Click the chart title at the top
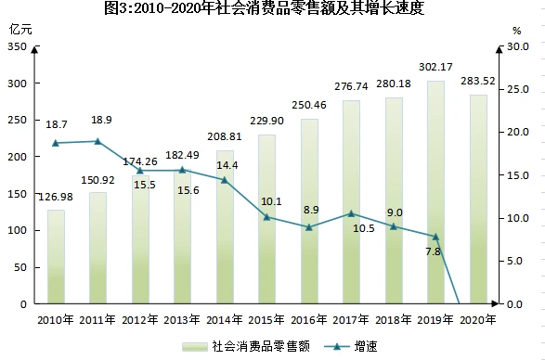click(x=265, y=7)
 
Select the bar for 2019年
click(x=435, y=192)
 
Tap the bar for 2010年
click(x=56, y=257)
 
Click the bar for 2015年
click(x=267, y=219)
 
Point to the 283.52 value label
click(x=478, y=81)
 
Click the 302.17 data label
click(x=435, y=67)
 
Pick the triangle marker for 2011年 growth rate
click(x=97, y=141)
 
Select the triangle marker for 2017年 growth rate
click(x=351, y=213)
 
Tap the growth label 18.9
click(x=101, y=120)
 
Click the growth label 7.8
click(x=433, y=251)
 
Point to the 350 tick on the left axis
click(x=17, y=46)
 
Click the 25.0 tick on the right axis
click(x=518, y=89)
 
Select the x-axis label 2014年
click(x=224, y=320)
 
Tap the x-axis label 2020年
click(x=478, y=320)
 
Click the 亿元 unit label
click(x=20, y=30)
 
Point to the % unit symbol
click(x=517, y=31)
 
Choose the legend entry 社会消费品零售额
click(x=246, y=346)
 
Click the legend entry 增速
click(x=350, y=346)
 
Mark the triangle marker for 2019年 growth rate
click(x=435, y=237)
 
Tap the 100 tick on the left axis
click(x=17, y=230)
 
